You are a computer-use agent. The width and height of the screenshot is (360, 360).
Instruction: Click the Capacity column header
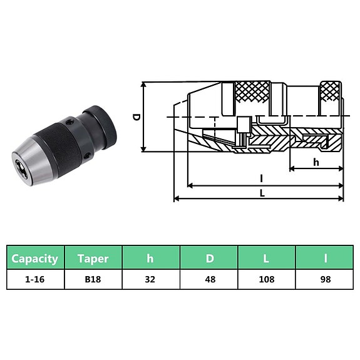tap(35, 258)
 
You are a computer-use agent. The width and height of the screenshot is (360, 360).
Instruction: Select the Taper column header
tap(93, 258)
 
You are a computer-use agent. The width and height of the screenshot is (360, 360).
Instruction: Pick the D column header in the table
tap(209, 258)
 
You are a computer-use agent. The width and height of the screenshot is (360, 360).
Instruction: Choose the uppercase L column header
tap(267, 258)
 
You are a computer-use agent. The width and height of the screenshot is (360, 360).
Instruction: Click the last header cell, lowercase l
tap(324, 258)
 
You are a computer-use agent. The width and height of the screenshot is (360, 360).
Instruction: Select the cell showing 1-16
tap(35, 279)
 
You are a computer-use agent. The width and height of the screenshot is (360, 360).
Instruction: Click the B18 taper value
tap(93, 279)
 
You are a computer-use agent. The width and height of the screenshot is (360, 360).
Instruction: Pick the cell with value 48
tap(209, 279)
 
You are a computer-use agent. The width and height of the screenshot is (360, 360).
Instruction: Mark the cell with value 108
tap(267, 279)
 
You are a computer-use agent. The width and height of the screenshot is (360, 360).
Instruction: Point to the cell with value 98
tap(324, 279)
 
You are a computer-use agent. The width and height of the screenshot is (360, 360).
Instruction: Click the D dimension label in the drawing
tap(136, 116)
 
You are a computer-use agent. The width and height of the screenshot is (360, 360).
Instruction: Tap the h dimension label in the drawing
tap(316, 162)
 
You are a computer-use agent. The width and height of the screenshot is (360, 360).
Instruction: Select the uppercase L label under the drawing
tap(262, 193)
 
